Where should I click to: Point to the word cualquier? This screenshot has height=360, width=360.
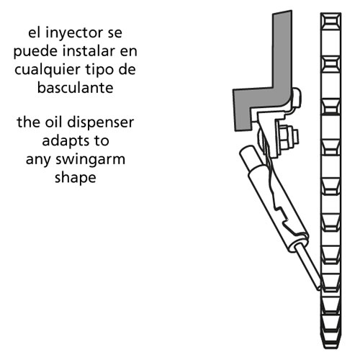point(48,71)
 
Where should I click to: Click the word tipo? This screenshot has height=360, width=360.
point(97,71)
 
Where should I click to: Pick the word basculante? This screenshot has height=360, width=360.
point(76,87)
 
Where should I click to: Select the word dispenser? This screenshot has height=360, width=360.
point(101,123)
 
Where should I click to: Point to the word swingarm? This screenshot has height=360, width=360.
point(91,160)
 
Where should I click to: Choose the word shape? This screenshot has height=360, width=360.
point(76,178)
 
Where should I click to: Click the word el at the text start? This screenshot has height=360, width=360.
point(35,32)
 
